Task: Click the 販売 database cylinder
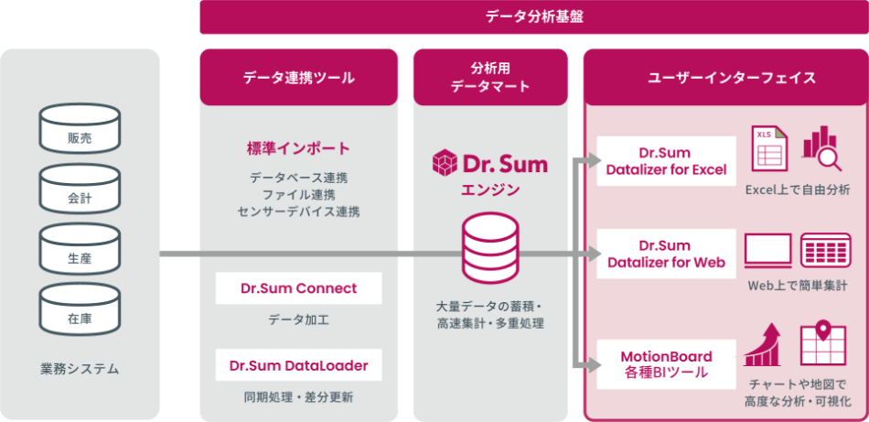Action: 80,128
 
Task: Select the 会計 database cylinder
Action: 80,189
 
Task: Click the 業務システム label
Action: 80,369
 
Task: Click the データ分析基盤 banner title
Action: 534,16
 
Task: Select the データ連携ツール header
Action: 299,78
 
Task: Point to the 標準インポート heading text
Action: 299,148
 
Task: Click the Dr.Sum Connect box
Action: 299,288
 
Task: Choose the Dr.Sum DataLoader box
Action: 299,365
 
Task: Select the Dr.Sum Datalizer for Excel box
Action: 666,161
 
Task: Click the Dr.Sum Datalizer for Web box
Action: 666,254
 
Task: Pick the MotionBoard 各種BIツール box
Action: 666,364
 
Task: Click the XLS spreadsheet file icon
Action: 770,148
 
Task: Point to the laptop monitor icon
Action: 768,251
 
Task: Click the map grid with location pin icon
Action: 823,344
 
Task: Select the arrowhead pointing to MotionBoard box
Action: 595,365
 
